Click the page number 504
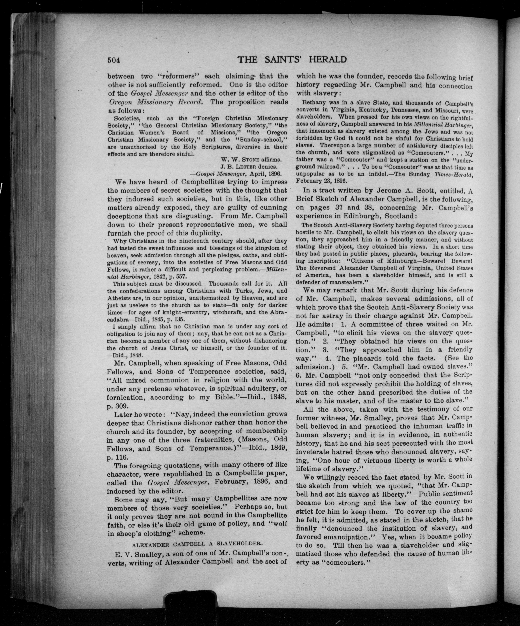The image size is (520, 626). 114,60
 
